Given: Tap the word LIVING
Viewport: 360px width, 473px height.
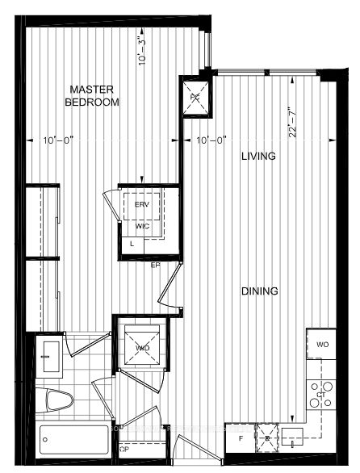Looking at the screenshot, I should point(258,156).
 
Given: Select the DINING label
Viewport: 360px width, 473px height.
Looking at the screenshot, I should point(258,291).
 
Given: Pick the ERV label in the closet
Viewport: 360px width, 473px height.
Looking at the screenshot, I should point(142,204).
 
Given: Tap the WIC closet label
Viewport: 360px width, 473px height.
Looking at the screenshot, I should point(142,227).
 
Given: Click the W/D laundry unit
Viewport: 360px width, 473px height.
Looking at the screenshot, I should point(142,348).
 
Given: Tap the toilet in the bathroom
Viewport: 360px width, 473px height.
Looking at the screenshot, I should point(59,400).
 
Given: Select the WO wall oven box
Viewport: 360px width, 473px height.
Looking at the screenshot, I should point(322,345).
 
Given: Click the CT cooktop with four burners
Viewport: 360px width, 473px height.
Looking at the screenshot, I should point(320,393).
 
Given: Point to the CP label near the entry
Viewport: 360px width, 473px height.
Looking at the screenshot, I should point(123,448).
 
